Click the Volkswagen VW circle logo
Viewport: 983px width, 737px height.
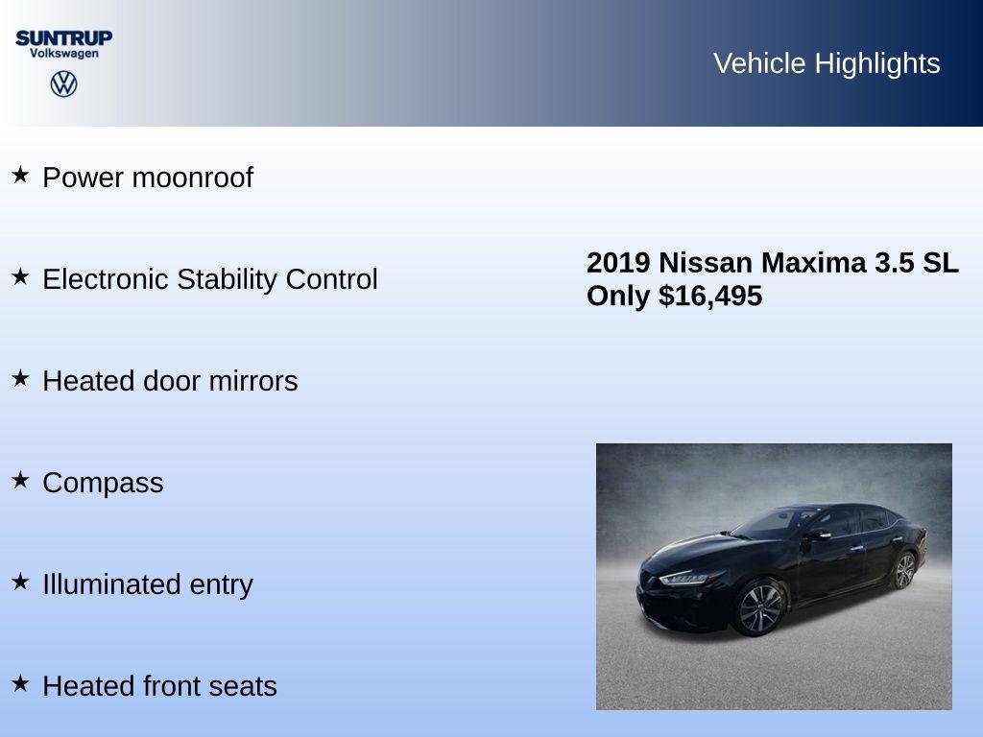point(63,84)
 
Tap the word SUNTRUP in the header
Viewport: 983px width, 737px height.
point(63,37)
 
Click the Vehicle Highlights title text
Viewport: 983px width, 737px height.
point(827,63)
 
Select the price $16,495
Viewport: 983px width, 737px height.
point(710,296)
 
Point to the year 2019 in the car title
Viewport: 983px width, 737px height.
point(618,262)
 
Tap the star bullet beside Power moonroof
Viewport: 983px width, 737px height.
point(20,175)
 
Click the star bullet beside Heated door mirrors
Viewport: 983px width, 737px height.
point(20,378)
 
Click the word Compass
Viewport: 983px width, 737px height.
point(103,483)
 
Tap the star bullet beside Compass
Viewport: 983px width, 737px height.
point(20,480)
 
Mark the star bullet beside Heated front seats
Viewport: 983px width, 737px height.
point(20,683)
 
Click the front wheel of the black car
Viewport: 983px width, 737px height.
point(760,608)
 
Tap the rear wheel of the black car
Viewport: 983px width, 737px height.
point(903,570)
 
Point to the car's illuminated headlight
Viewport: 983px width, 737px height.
point(688,578)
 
